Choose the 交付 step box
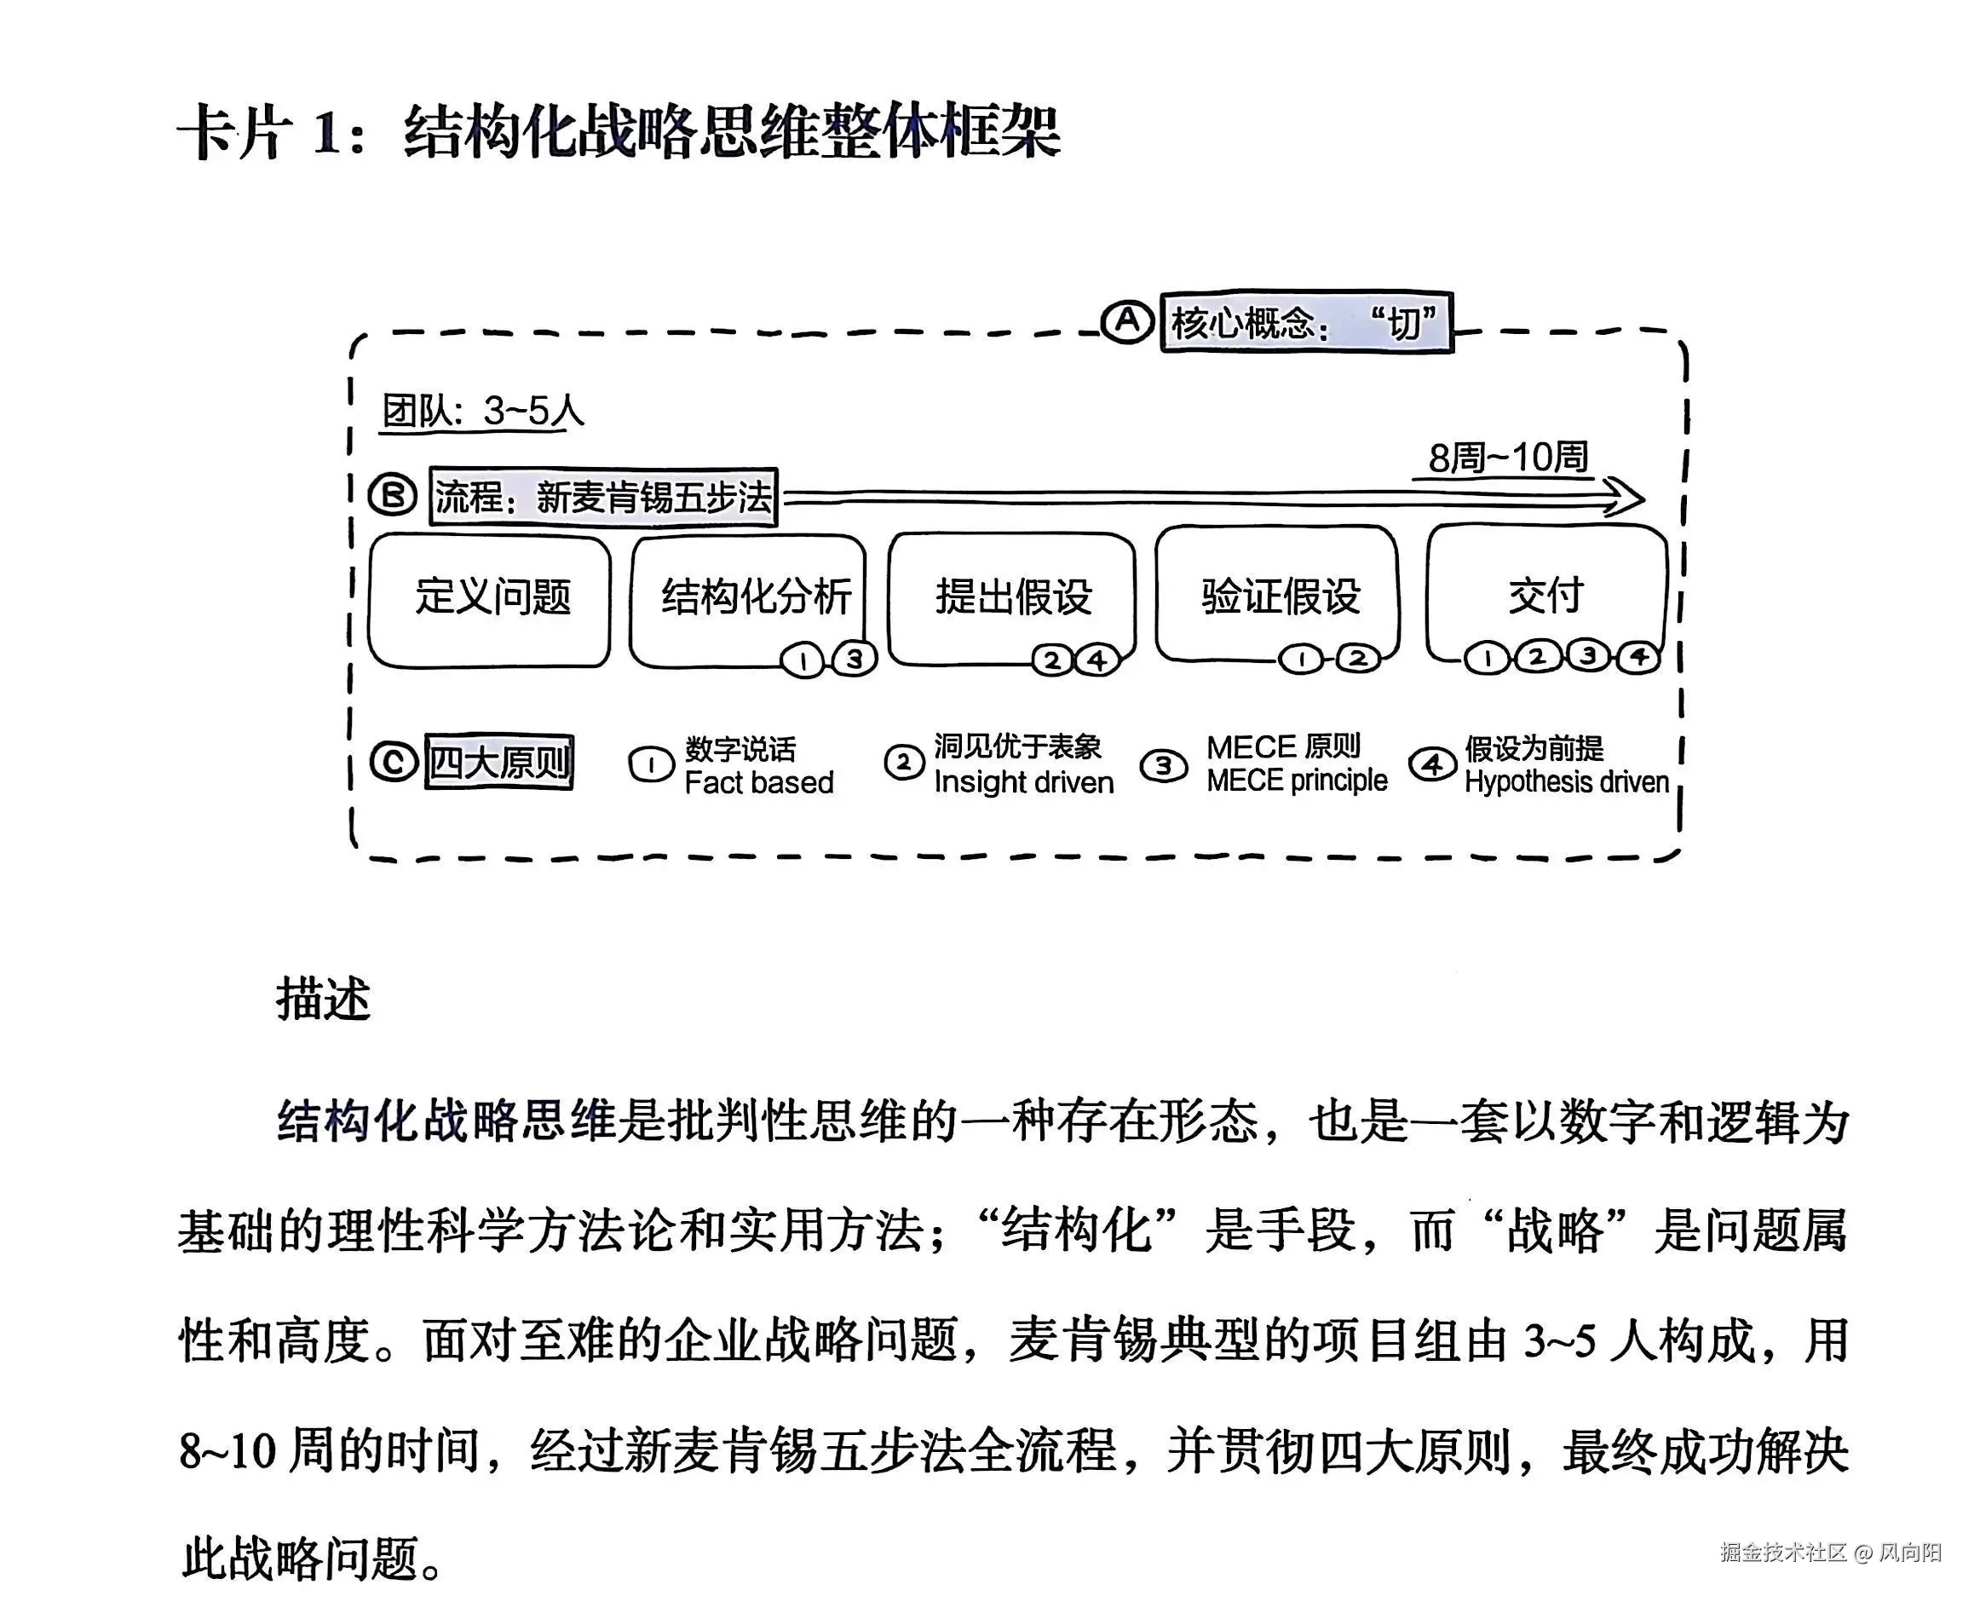click(1546, 592)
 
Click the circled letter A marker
click(1126, 321)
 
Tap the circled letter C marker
click(394, 763)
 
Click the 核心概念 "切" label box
click(1305, 323)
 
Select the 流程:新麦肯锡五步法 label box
click(604, 498)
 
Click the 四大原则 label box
click(499, 763)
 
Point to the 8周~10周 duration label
click(1508, 458)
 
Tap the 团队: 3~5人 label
click(483, 412)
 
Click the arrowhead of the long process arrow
click(1628, 498)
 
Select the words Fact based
click(758, 782)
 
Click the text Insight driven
click(1023, 782)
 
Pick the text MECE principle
click(1297, 781)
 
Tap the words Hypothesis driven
click(1566, 782)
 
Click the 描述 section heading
click(323, 1000)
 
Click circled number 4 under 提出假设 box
click(1097, 660)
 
